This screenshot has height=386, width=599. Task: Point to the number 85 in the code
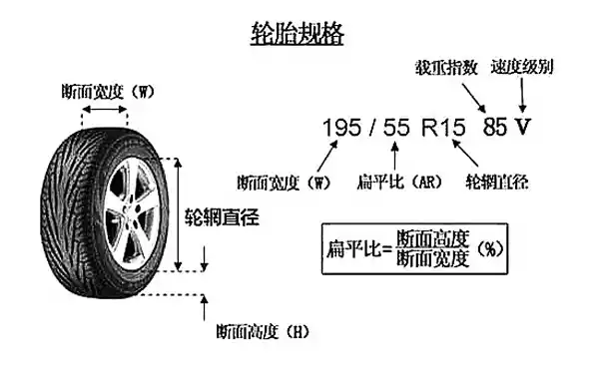(495, 129)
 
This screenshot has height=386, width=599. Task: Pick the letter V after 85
(523, 129)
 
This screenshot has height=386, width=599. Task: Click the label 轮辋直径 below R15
(496, 184)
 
